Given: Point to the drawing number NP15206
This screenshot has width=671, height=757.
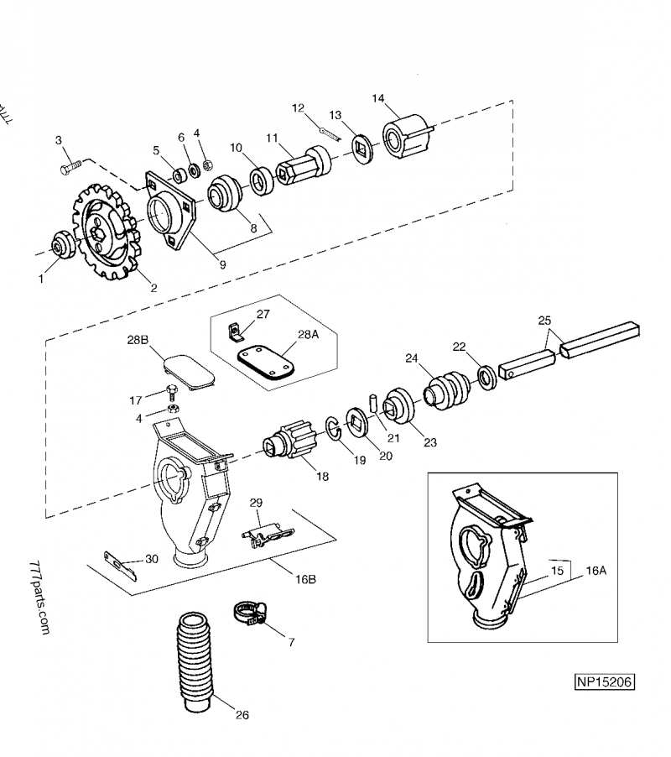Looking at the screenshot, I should [603, 681].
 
